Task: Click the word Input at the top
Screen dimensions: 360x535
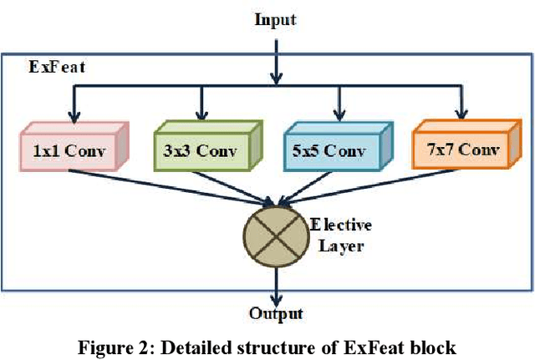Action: pos(274,18)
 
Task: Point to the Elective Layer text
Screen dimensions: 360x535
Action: pos(341,236)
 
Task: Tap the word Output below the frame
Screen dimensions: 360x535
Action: pos(276,313)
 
